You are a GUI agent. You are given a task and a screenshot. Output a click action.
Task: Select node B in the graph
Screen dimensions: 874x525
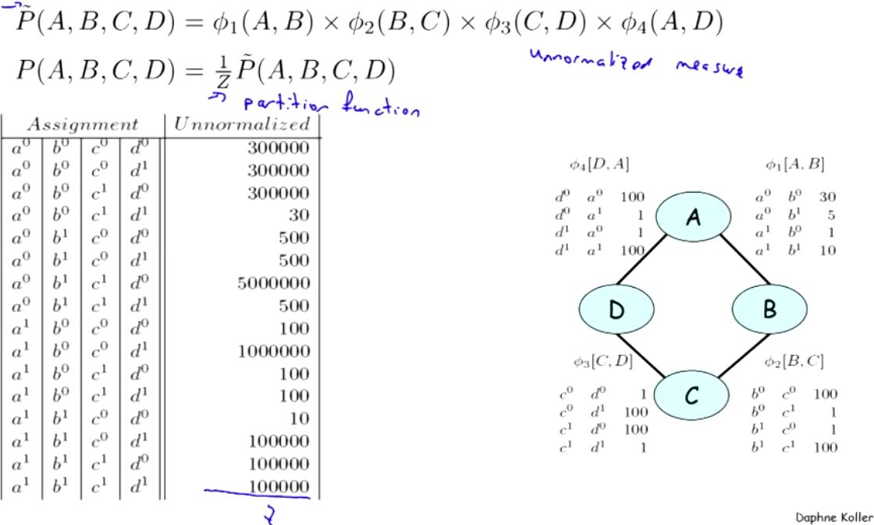(769, 310)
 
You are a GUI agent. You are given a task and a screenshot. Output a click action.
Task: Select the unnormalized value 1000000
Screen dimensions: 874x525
(274, 351)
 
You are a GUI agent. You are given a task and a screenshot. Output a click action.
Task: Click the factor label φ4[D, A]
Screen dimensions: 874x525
(600, 165)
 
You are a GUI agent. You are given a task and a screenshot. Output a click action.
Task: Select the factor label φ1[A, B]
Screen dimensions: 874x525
(795, 165)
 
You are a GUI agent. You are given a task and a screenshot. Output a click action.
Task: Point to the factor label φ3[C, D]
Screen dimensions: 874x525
(602, 361)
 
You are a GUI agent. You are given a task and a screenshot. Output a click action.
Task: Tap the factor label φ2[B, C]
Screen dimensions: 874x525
(795, 361)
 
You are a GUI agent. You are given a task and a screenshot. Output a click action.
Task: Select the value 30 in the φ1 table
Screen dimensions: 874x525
(827, 199)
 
